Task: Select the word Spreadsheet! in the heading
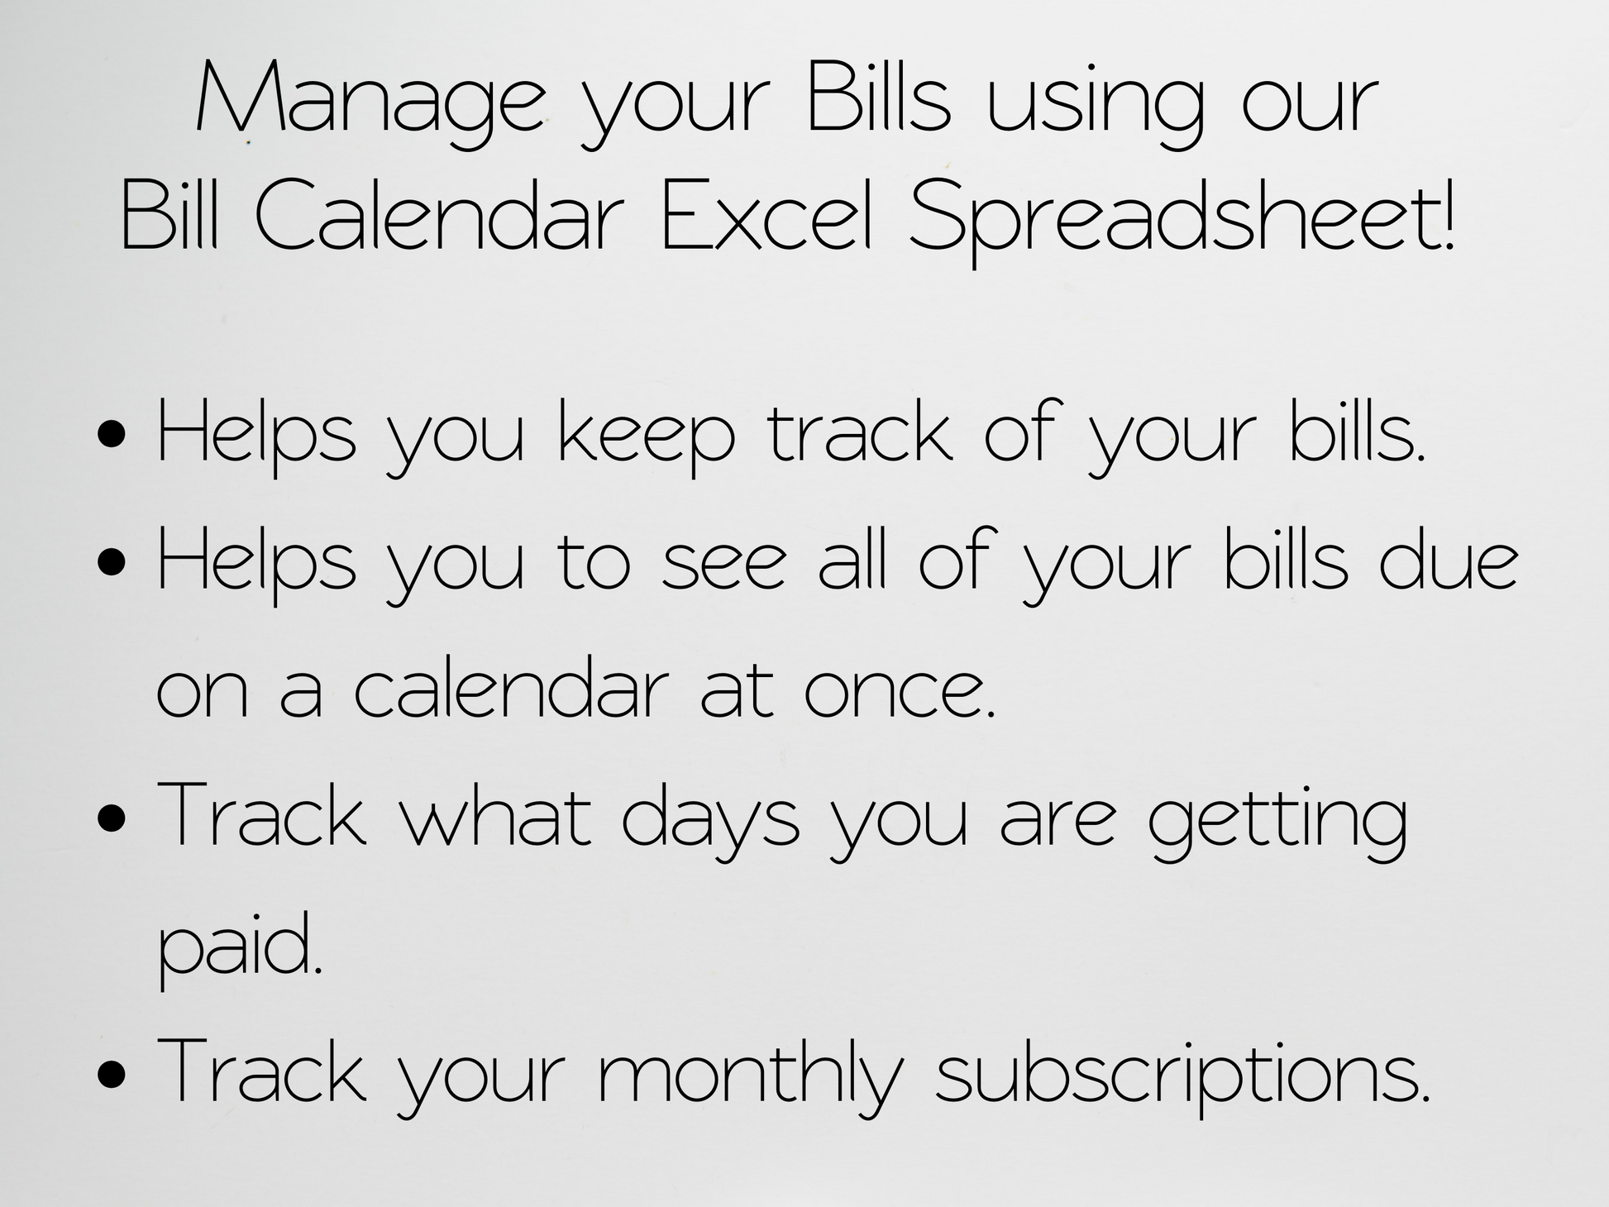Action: pyautogui.click(x=1182, y=222)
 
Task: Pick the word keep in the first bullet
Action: pyautogui.click(x=647, y=438)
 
